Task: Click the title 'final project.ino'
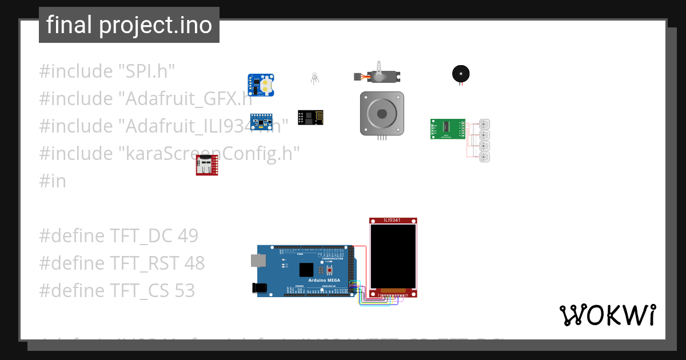coord(129,25)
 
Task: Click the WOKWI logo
coord(607,315)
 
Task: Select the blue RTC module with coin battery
coord(261,85)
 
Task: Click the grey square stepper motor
coord(382,113)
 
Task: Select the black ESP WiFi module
coord(310,117)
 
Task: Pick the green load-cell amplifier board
coord(448,129)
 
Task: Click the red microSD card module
coord(206,165)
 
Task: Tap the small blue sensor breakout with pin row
coord(261,121)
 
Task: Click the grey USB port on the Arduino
coord(258,261)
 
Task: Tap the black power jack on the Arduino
coord(260,288)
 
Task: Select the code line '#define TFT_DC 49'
coord(119,235)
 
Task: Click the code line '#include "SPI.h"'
coord(107,71)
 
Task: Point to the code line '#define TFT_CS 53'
coord(117,290)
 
